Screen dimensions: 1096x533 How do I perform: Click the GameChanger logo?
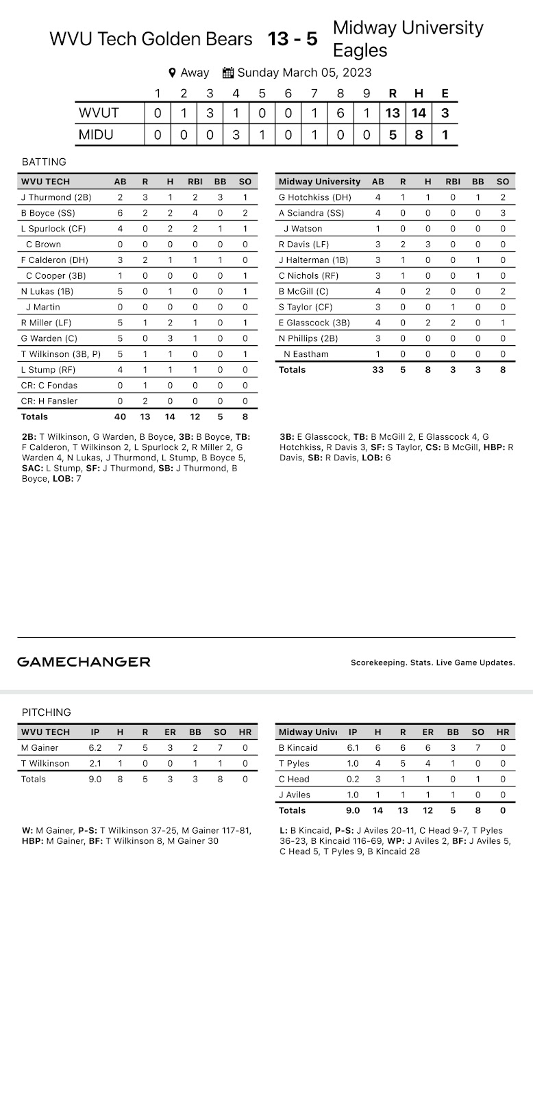point(84,662)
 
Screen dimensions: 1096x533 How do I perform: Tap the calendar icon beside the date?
point(229,73)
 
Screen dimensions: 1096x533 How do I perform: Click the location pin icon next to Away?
point(173,73)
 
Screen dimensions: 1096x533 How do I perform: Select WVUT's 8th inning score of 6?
point(340,114)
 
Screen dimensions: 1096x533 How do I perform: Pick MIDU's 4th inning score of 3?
point(236,135)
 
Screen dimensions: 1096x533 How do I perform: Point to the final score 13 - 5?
point(293,39)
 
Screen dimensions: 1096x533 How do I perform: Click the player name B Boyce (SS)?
point(48,213)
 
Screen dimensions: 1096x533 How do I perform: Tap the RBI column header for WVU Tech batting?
point(195,182)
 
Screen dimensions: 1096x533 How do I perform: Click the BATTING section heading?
point(44,162)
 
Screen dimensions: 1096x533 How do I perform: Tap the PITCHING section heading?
point(46,712)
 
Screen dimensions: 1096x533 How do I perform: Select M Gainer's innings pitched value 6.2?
point(95,748)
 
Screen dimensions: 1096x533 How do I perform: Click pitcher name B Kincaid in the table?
point(298,748)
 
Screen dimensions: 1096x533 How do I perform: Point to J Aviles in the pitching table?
point(295,795)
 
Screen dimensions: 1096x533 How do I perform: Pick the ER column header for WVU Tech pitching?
point(170,732)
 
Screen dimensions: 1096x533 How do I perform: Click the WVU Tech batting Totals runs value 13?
point(145,416)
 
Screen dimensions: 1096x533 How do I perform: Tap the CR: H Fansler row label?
point(49,401)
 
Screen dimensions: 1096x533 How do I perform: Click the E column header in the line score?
point(445,94)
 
